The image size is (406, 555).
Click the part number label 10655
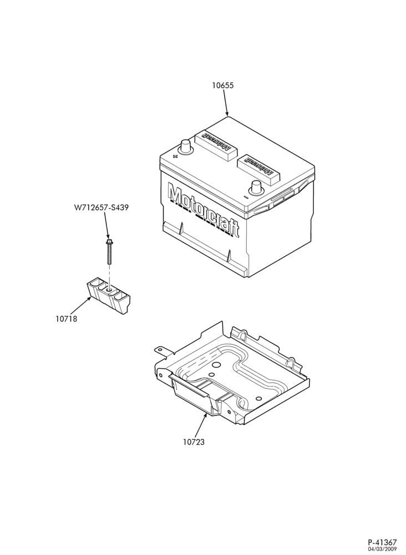click(x=223, y=85)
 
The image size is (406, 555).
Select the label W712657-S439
click(x=101, y=208)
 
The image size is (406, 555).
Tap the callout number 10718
click(x=66, y=319)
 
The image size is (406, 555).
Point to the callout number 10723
click(x=194, y=442)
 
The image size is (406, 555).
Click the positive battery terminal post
click(x=186, y=147)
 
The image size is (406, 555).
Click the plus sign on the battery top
click(x=174, y=156)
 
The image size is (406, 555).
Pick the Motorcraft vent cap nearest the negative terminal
click(x=259, y=169)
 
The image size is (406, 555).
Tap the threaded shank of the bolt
click(x=109, y=255)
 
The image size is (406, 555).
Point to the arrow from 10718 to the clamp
click(x=82, y=305)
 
